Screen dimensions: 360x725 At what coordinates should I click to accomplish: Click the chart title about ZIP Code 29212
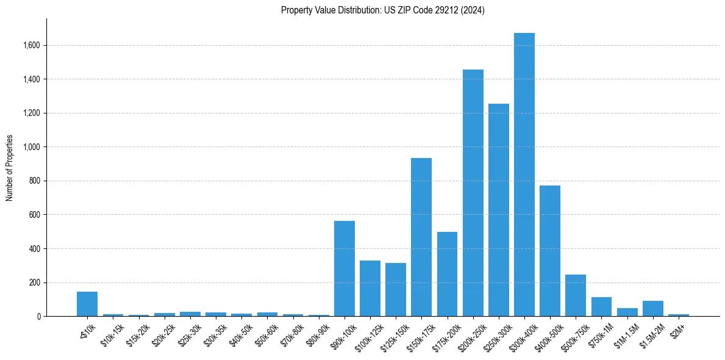[383, 10]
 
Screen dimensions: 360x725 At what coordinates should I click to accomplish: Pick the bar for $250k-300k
[498, 210]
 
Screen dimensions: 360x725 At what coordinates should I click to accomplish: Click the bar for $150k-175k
[421, 237]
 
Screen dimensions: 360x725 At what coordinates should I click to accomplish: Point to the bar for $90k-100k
[345, 268]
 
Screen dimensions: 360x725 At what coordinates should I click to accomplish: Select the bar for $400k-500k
[550, 251]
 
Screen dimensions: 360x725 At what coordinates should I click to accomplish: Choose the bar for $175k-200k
[447, 274]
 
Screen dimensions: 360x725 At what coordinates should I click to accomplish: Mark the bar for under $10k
[87, 304]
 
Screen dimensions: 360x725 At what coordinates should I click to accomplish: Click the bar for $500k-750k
[576, 295]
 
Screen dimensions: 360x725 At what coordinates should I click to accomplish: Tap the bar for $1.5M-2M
[652, 309]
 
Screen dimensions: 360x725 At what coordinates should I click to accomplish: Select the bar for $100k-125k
[370, 289]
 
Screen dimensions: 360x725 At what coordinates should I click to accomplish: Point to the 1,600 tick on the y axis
[32, 45]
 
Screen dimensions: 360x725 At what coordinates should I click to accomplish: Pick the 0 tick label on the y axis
[39, 317]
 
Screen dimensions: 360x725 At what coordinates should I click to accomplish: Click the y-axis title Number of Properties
[10, 168]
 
